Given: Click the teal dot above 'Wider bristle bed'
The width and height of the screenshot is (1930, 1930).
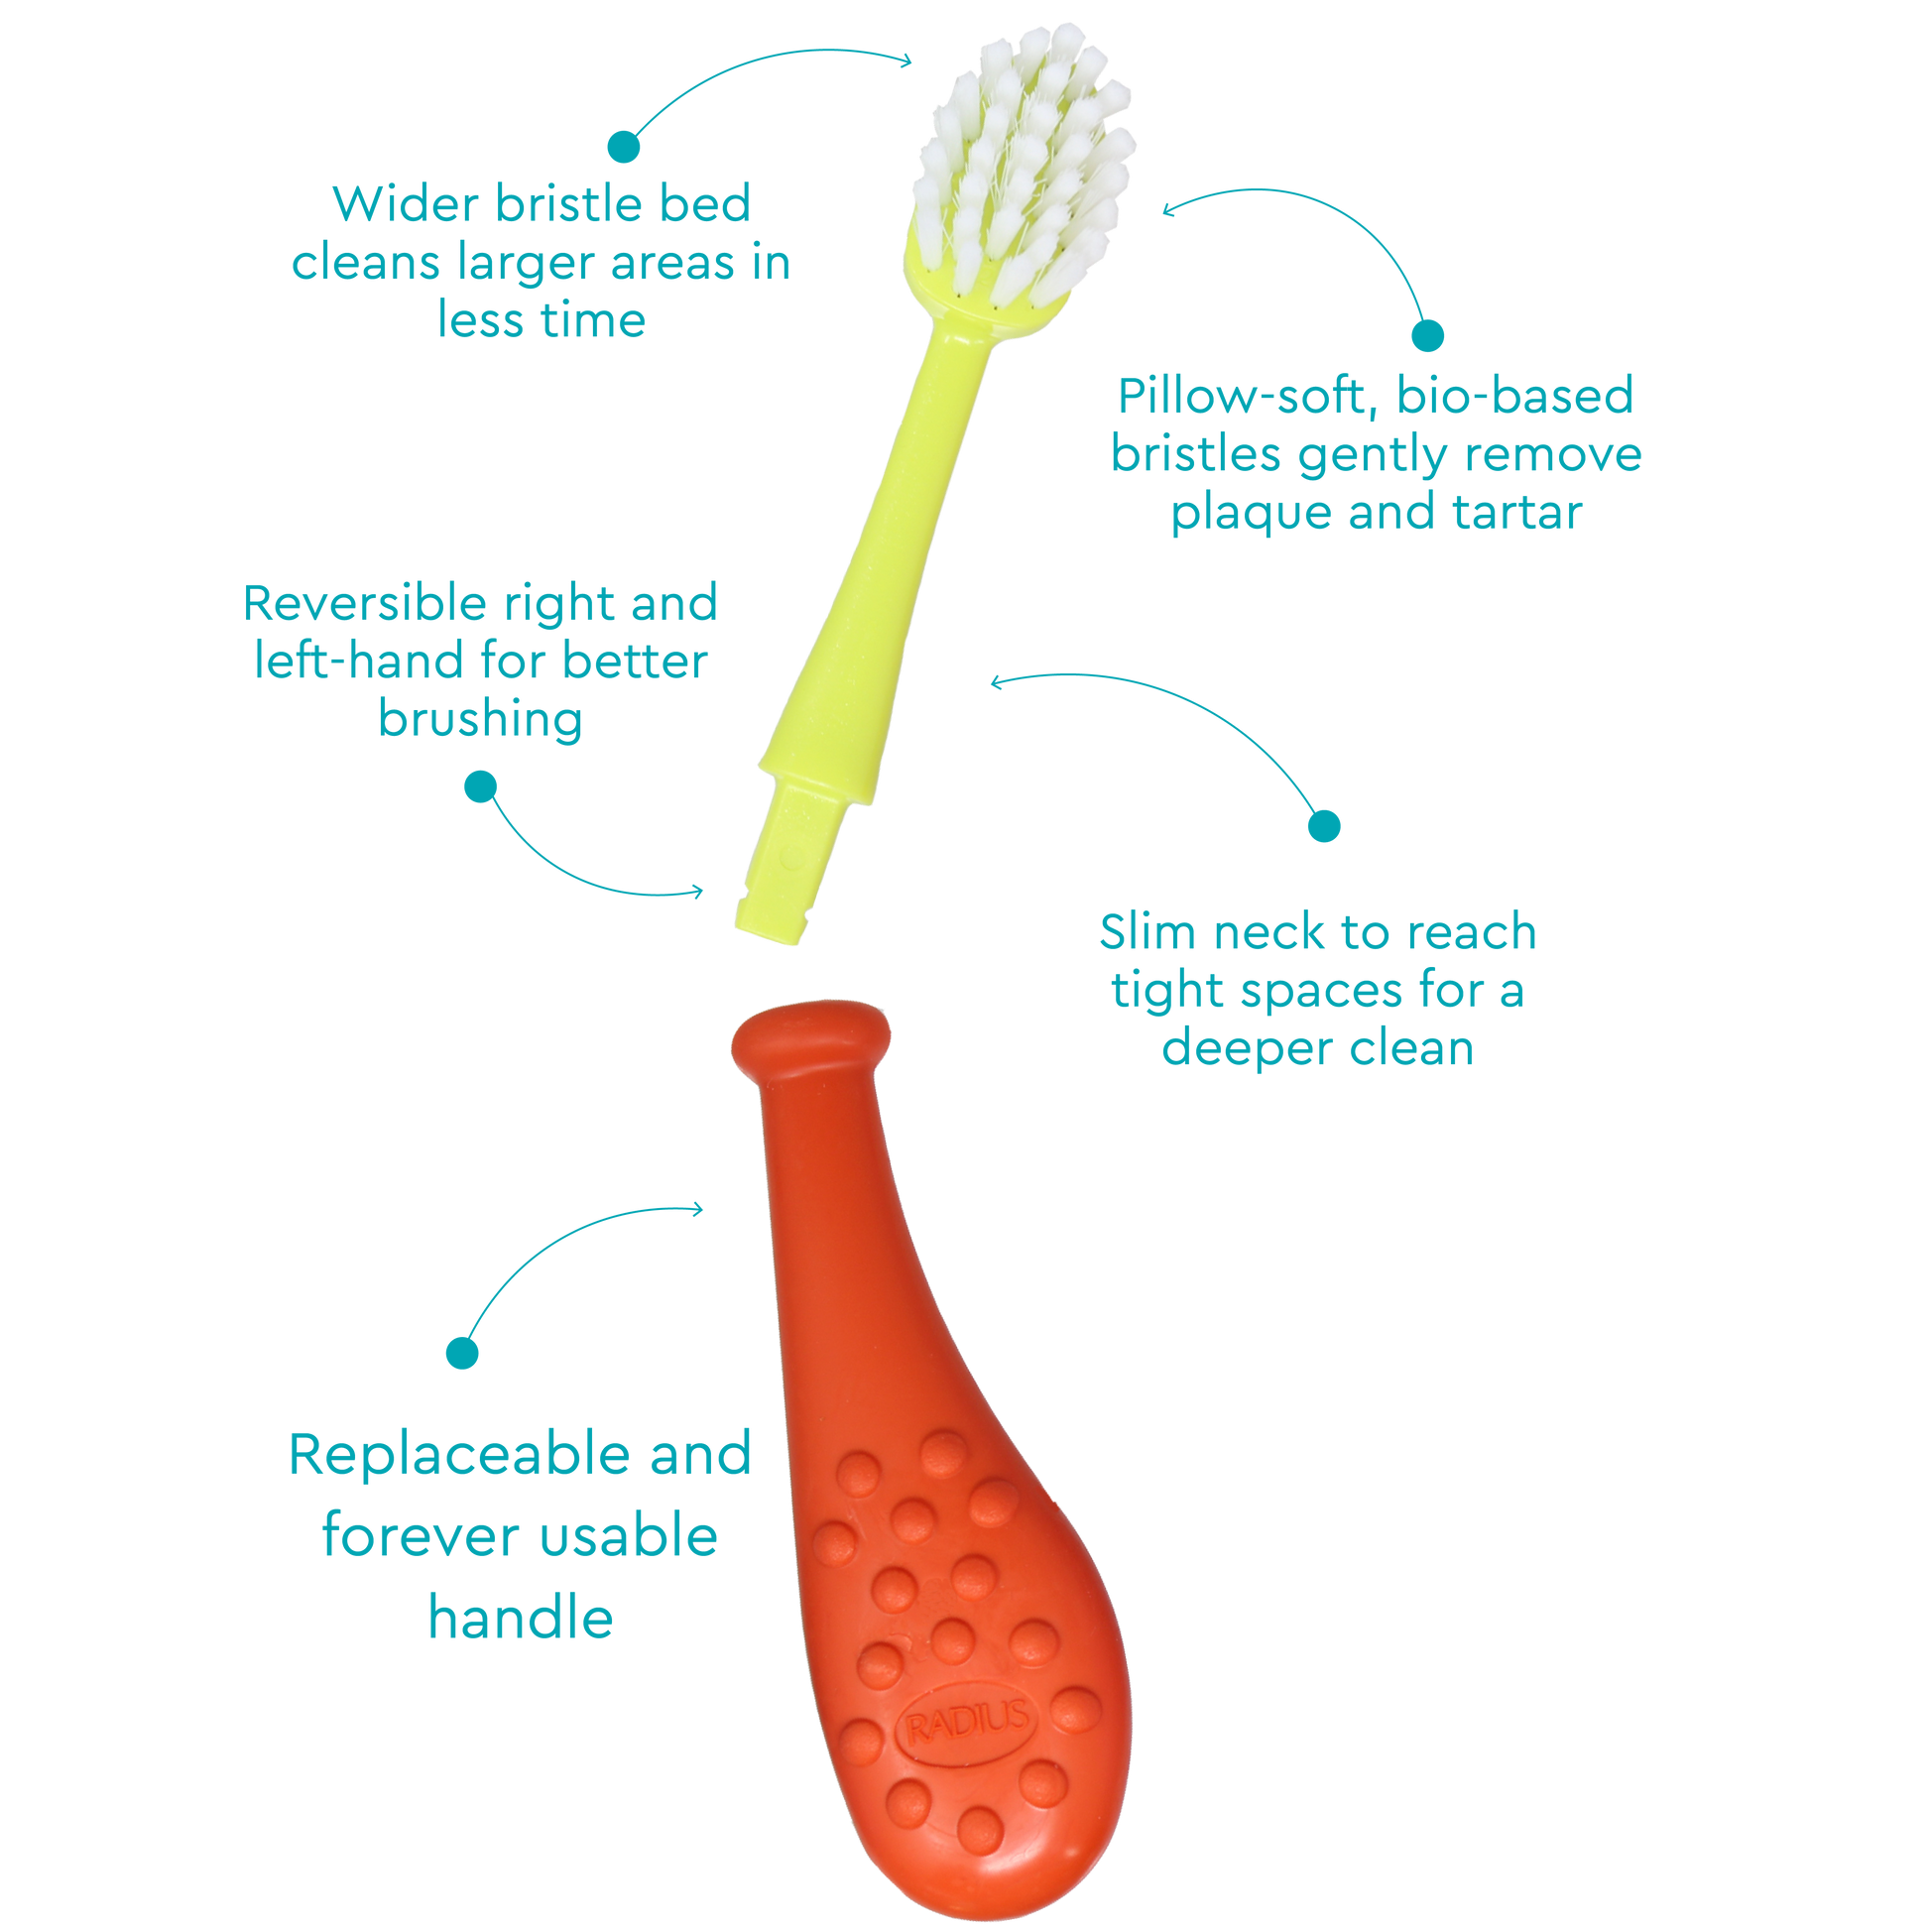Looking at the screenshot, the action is [x=624, y=147].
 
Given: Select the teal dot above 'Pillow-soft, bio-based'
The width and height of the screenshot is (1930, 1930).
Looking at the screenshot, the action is [x=1427, y=335].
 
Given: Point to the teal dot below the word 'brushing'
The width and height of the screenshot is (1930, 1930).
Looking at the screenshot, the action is [x=480, y=786].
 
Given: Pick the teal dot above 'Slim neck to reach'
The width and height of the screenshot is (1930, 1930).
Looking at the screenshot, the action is [x=1324, y=826].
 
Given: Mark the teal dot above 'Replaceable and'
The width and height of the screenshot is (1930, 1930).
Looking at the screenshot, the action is [x=461, y=1354].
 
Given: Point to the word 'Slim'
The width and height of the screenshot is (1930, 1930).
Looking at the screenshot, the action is [x=1147, y=931].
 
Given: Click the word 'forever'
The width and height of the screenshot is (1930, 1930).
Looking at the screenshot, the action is [x=414, y=1535].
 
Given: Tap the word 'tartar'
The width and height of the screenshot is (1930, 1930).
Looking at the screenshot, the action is [x=1517, y=513].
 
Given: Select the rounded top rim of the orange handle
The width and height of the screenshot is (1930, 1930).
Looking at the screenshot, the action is [x=810, y=1040].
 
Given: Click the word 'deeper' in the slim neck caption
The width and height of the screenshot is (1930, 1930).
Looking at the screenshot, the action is [x=1247, y=1050].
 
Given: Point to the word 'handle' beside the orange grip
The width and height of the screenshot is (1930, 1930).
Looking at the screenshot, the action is [x=521, y=1618].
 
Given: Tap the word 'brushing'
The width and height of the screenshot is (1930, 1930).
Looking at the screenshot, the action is [x=480, y=721].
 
